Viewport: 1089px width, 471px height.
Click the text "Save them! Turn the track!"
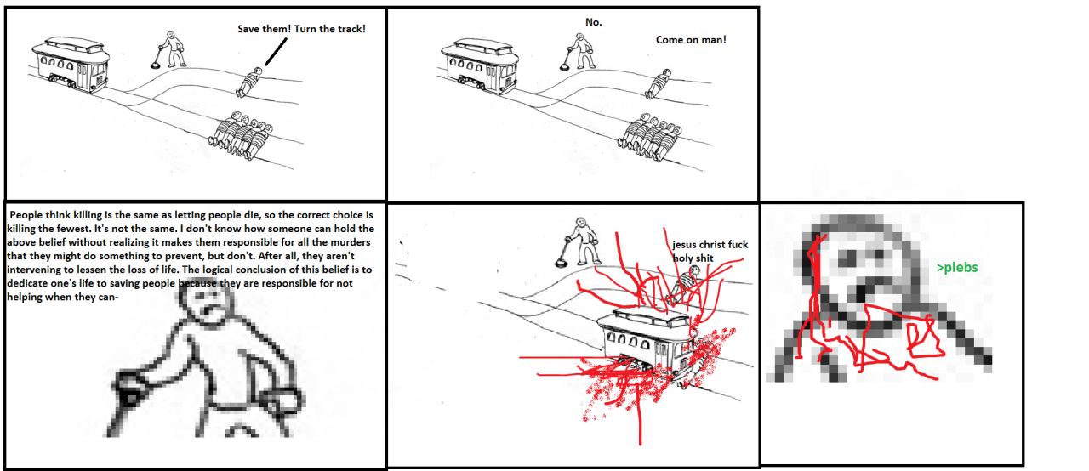pyautogui.click(x=301, y=29)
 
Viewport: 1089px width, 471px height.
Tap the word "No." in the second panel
pyautogui.click(x=594, y=22)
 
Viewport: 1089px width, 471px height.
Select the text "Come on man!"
pyautogui.click(x=691, y=40)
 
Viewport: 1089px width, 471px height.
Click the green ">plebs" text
pyautogui.click(x=957, y=268)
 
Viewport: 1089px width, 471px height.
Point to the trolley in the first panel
pyautogui.click(x=71, y=65)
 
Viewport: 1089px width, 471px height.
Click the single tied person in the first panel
pyautogui.click(x=249, y=82)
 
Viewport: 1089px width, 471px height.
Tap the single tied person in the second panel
pyautogui.click(x=659, y=83)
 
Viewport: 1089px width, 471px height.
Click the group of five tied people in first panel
pyautogui.click(x=240, y=136)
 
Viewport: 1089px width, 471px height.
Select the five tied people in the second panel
pyautogui.click(x=649, y=138)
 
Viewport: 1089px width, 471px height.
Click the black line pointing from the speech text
pyautogui.click(x=276, y=52)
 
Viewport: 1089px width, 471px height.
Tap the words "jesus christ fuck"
pyautogui.click(x=710, y=245)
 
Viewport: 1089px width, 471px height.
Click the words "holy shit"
pyautogui.click(x=693, y=258)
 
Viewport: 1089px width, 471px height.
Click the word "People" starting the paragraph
pyautogui.click(x=26, y=215)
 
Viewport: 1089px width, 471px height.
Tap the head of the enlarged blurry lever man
pyautogui.click(x=207, y=304)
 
